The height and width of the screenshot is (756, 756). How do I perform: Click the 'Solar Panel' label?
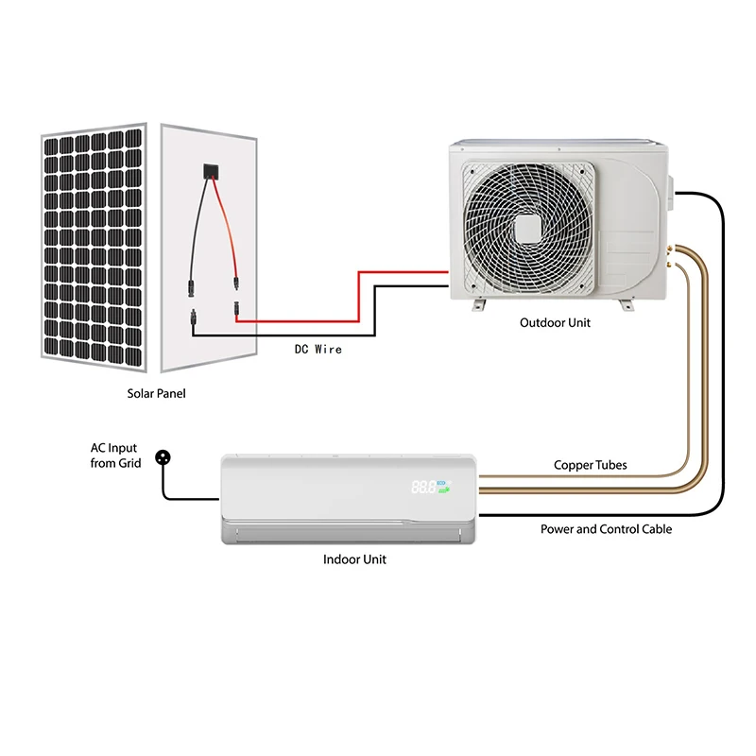tap(157, 393)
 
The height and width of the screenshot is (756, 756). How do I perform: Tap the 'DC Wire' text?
tap(318, 350)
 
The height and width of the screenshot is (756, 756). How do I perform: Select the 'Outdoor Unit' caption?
tap(555, 323)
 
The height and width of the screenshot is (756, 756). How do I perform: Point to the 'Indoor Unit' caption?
tap(354, 559)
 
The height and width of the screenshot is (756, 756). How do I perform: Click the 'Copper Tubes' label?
tap(590, 465)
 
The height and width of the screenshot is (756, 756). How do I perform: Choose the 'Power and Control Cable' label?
tap(606, 529)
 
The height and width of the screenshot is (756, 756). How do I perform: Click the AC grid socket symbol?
tap(163, 456)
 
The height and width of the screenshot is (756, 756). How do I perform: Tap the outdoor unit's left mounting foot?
tap(478, 304)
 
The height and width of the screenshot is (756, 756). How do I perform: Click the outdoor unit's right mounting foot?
tap(625, 304)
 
